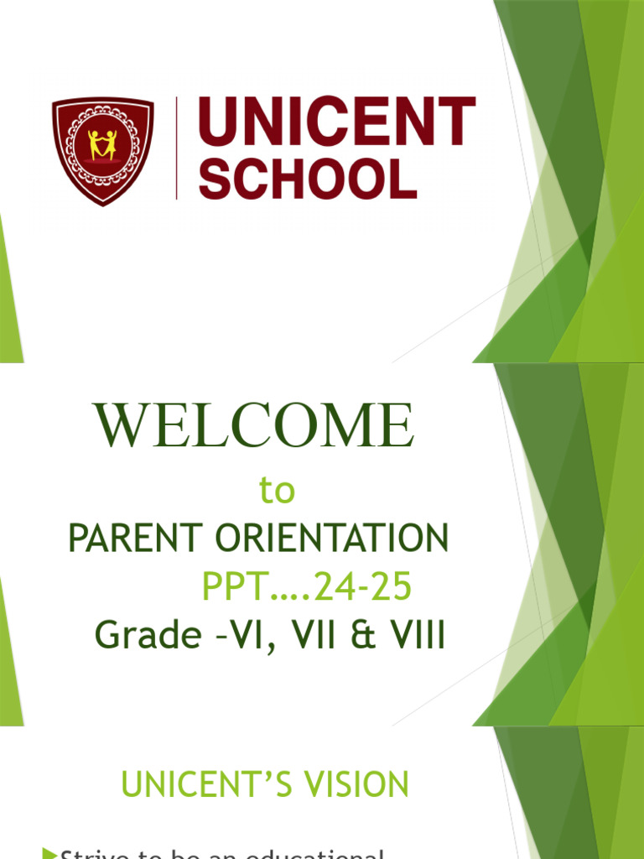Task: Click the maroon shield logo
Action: [x=103, y=150]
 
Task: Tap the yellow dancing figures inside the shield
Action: [x=103, y=144]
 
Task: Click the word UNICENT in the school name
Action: [x=337, y=125]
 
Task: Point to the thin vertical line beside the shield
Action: [x=177, y=148]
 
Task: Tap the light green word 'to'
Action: [x=278, y=492]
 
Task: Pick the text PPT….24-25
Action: [x=307, y=588]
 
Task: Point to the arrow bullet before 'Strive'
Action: [x=49, y=853]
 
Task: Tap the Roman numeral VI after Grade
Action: [x=262, y=636]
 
